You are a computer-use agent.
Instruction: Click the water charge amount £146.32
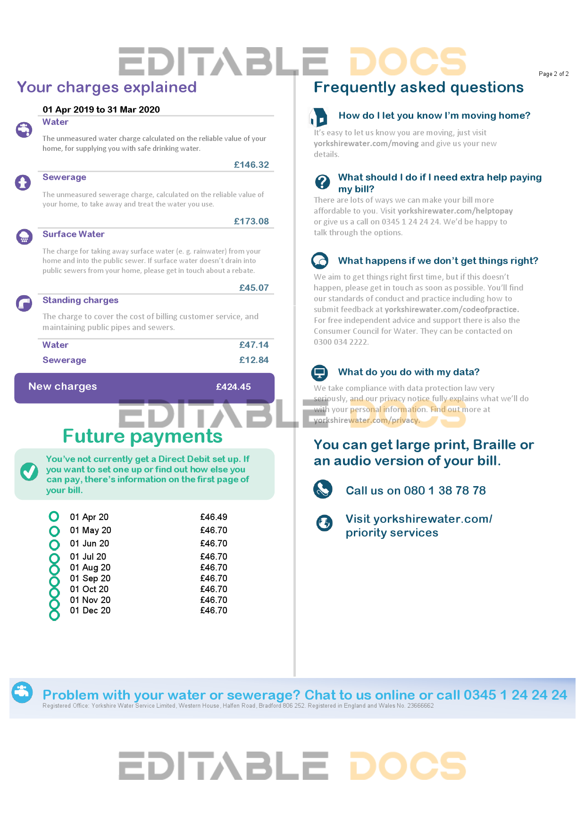251,165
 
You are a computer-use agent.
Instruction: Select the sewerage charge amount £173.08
251,221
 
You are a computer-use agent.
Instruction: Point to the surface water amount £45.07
254,288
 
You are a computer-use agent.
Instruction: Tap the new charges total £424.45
233,387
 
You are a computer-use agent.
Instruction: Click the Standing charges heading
80,300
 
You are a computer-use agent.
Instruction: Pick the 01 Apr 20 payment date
89,517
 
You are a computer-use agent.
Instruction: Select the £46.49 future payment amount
214,517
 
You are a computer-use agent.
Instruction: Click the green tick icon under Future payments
29,471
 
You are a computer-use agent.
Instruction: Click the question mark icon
322,182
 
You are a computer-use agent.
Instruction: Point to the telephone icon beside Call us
323,489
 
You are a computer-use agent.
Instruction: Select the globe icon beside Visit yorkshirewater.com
324,522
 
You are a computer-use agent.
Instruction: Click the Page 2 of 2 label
553,74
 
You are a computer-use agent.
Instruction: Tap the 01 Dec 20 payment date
90,610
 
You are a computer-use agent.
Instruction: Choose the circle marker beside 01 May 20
54,531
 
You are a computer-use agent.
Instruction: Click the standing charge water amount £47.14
254,345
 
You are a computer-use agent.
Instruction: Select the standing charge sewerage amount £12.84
254,360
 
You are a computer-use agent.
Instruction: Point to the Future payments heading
142,436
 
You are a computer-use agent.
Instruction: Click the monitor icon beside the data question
319,372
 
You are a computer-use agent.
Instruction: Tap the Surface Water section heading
73,234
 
